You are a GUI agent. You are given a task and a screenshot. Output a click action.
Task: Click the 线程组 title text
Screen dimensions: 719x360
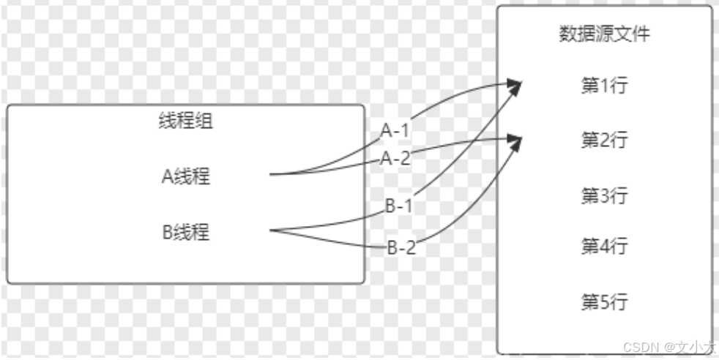point(186,121)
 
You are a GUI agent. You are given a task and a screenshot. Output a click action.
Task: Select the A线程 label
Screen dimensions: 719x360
point(186,176)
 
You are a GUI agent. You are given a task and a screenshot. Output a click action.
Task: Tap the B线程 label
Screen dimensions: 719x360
point(186,233)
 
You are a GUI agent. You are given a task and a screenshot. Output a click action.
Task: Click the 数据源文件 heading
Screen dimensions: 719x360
point(604,34)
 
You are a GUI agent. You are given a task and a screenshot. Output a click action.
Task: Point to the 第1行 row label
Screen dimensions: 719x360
point(604,86)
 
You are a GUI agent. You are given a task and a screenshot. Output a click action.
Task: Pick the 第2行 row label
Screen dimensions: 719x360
point(604,140)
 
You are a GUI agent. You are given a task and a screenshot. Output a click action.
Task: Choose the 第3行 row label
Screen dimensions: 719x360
point(604,195)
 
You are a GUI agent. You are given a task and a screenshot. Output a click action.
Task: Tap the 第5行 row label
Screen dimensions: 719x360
point(604,301)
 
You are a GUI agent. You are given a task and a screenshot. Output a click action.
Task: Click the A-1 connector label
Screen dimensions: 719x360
point(395,131)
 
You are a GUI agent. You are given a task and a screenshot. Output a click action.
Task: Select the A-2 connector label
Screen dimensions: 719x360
point(395,157)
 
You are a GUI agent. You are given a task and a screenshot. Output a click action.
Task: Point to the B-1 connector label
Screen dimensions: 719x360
point(400,206)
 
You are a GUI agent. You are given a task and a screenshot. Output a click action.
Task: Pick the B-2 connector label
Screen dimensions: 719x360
point(401,248)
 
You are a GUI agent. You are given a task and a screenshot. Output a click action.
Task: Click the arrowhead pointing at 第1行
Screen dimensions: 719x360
point(515,86)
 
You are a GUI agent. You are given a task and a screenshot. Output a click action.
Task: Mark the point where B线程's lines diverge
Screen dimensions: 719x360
point(272,232)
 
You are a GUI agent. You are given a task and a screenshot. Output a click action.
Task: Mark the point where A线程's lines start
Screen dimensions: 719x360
point(271,175)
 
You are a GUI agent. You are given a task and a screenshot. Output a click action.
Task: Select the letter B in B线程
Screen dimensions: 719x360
point(168,233)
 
